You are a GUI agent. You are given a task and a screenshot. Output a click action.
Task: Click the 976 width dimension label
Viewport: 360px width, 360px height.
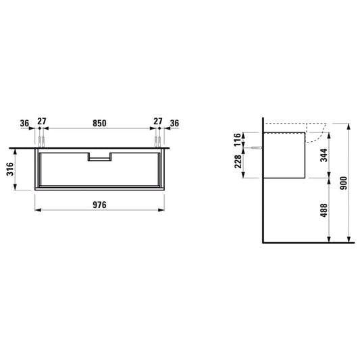[x=99, y=205]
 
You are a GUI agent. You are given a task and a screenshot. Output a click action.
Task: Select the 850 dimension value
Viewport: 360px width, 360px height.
[x=99, y=124]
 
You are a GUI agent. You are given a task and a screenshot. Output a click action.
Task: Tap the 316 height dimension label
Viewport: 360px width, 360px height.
[x=10, y=170]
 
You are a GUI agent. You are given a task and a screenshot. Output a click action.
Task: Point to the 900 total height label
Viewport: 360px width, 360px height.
[x=344, y=183]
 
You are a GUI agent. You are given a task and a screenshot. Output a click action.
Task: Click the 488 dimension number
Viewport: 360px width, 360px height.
[x=324, y=210]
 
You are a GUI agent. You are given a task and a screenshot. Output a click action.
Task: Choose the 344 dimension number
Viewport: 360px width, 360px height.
[x=324, y=155]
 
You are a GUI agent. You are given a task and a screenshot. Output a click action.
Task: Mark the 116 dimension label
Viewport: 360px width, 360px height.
[x=238, y=140]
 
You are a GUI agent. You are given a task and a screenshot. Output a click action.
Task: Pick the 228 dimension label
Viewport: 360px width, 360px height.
[x=238, y=161]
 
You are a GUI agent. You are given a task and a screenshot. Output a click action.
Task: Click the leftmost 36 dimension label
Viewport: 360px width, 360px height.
[x=24, y=124]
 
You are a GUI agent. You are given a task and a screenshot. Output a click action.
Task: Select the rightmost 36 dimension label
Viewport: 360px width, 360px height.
[x=174, y=124]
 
